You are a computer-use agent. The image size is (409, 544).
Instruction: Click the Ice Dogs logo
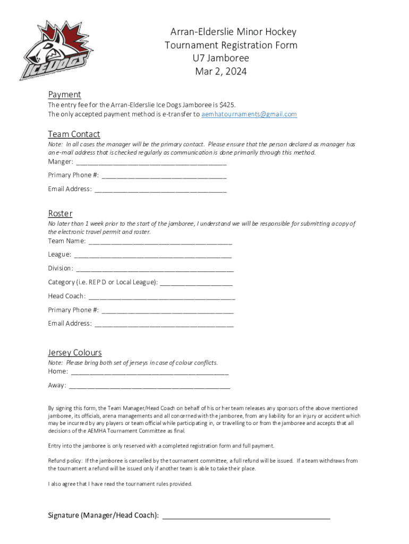point(55,50)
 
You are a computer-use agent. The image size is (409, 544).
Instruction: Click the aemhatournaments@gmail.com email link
point(249,114)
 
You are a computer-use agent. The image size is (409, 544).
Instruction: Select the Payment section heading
point(64,95)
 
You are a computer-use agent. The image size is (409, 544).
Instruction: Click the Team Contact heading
point(74,134)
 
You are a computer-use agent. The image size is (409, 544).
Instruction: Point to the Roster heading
point(60,214)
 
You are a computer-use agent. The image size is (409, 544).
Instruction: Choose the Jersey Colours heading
point(74,353)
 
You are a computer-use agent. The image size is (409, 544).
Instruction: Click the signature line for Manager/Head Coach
point(246,516)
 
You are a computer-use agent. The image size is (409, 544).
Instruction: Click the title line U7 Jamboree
point(221,58)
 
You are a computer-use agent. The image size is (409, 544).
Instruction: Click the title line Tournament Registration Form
point(231,45)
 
